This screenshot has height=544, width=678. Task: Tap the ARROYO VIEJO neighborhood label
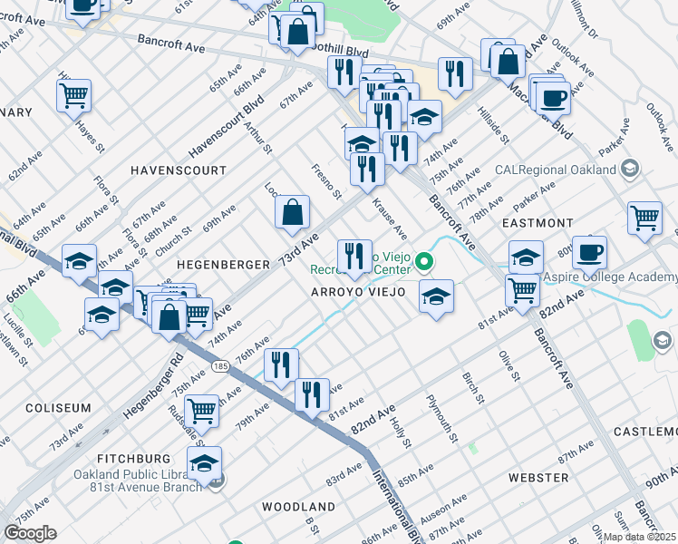353,292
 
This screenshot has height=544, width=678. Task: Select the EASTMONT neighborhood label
535,222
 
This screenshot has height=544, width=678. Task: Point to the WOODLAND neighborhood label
298,506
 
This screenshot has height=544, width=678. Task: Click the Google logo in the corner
30,533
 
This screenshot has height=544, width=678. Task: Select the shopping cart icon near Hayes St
73,94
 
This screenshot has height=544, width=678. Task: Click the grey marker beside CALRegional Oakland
629,170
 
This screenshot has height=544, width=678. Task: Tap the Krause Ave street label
390,221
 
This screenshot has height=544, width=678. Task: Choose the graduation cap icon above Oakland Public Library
205,462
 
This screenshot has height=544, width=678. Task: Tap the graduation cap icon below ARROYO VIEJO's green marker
436,296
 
